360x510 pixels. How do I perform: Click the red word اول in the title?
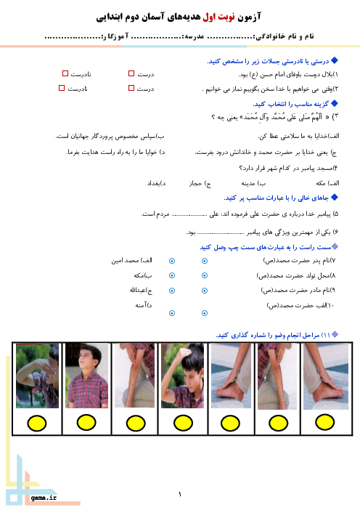(x=210, y=16)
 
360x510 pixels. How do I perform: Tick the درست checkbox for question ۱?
(x=131, y=73)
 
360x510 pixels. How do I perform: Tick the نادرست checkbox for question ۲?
(x=62, y=88)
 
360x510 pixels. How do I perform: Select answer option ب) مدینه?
(x=253, y=184)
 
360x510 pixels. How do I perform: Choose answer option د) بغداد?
(x=156, y=184)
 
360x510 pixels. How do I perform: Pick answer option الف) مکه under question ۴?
(x=327, y=183)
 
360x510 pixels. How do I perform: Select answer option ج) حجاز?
(x=200, y=184)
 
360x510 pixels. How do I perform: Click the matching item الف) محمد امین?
(x=131, y=260)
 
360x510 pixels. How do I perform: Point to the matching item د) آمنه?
(x=144, y=305)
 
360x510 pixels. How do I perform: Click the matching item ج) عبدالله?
(x=141, y=290)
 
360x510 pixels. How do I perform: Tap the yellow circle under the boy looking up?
(x=86, y=423)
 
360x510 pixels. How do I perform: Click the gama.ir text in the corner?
(x=44, y=498)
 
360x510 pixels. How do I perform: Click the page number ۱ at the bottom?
(x=180, y=495)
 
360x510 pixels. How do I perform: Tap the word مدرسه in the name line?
(x=195, y=36)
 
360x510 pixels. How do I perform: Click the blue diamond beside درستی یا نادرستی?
(x=335, y=60)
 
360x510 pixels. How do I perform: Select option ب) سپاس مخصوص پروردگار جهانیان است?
(x=110, y=137)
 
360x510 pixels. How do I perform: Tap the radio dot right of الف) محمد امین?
(x=172, y=261)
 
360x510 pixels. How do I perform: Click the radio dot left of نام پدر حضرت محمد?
(x=205, y=261)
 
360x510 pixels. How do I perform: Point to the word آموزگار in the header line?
(x=115, y=36)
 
